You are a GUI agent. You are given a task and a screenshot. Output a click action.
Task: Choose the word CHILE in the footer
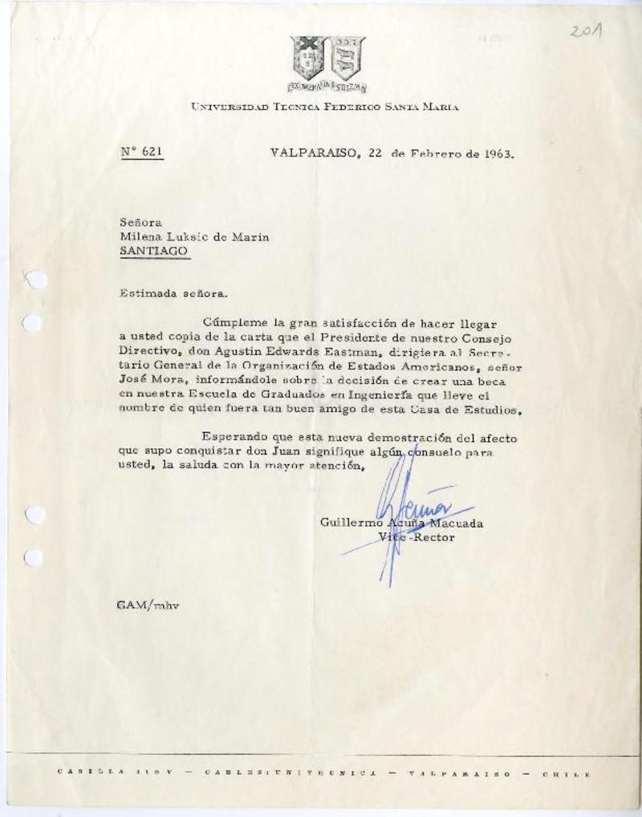coord(567,775)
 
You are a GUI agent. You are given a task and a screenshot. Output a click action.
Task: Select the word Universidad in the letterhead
coord(233,106)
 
